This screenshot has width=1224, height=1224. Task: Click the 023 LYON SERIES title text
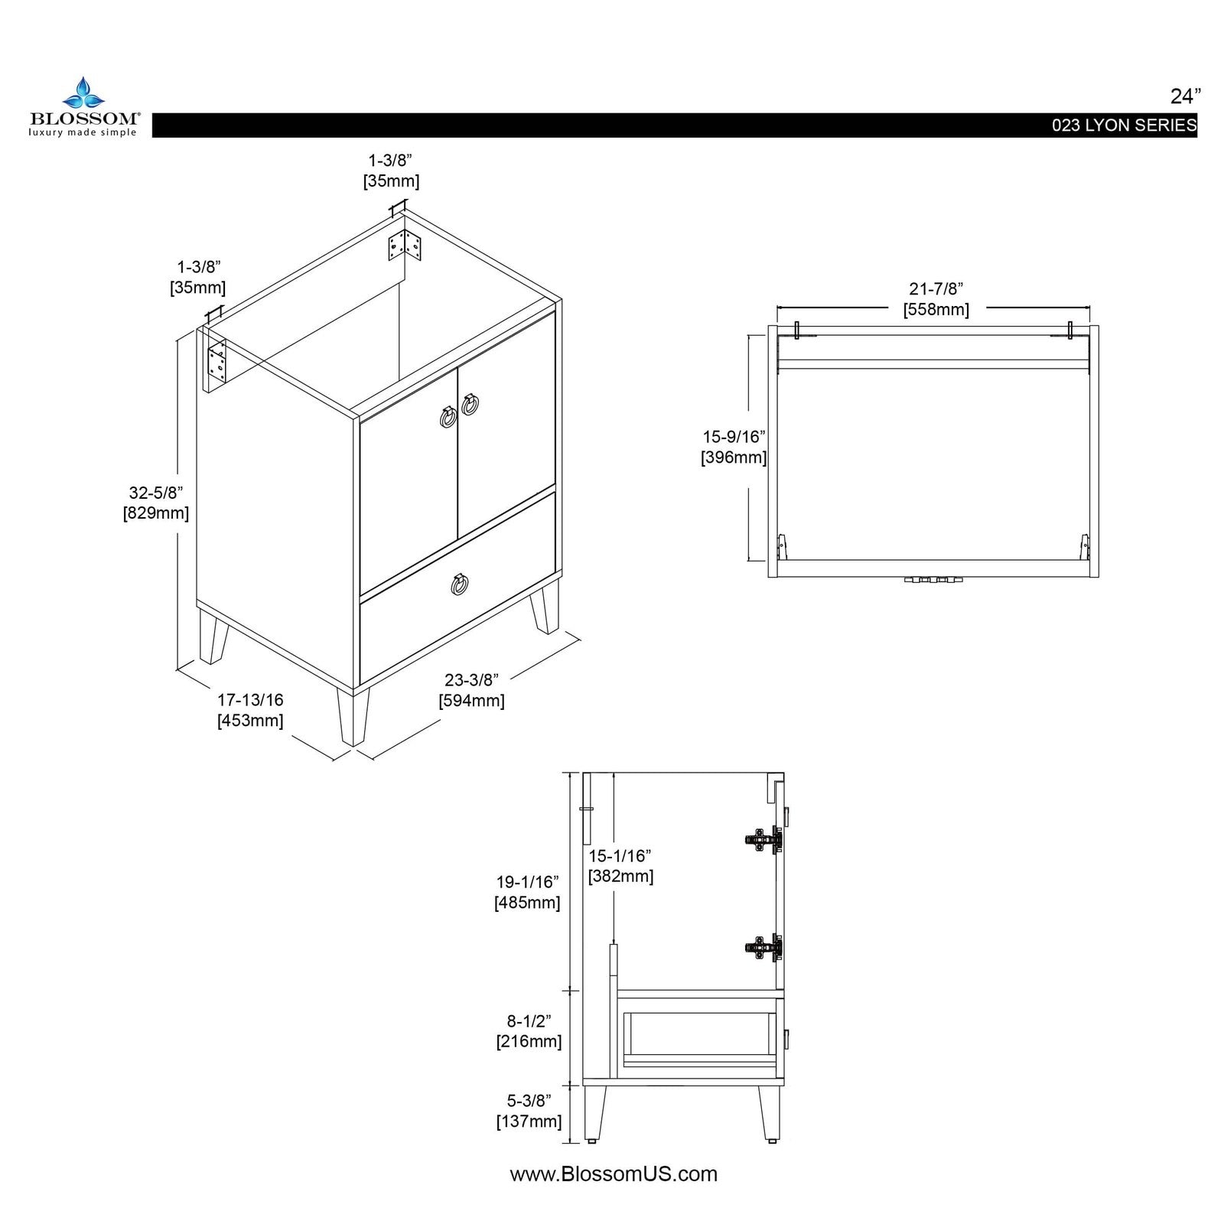click(x=1124, y=125)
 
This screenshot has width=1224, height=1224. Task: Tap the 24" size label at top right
click(x=1185, y=96)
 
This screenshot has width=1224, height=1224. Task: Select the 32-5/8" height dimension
click(x=156, y=493)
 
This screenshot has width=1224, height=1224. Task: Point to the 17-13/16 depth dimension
click(x=250, y=700)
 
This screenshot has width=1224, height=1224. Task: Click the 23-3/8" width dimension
click(x=471, y=680)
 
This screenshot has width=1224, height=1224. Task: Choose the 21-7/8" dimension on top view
click(x=936, y=289)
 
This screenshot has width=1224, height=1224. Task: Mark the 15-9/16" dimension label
click(x=734, y=437)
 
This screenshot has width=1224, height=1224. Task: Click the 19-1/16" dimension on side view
click(x=527, y=882)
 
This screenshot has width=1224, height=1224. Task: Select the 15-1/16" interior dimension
click(x=620, y=856)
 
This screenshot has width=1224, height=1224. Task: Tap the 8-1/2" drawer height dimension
click(x=529, y=1021)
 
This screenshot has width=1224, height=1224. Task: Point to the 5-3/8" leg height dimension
click(x=529, y=1101)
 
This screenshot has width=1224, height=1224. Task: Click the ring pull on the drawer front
click(x=460, y=584)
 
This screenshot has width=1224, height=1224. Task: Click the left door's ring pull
click(x=448, y=417)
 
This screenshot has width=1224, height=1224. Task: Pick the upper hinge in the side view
click(x=763, y=840)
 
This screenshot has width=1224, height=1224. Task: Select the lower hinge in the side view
click(x=763, y=948)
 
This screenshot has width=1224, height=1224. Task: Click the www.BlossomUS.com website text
click(x=614, y=1174)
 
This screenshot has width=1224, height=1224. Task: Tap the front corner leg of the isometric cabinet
click(x=353, y=715)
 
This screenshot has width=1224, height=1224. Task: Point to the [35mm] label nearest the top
click(x=391, y=181)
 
